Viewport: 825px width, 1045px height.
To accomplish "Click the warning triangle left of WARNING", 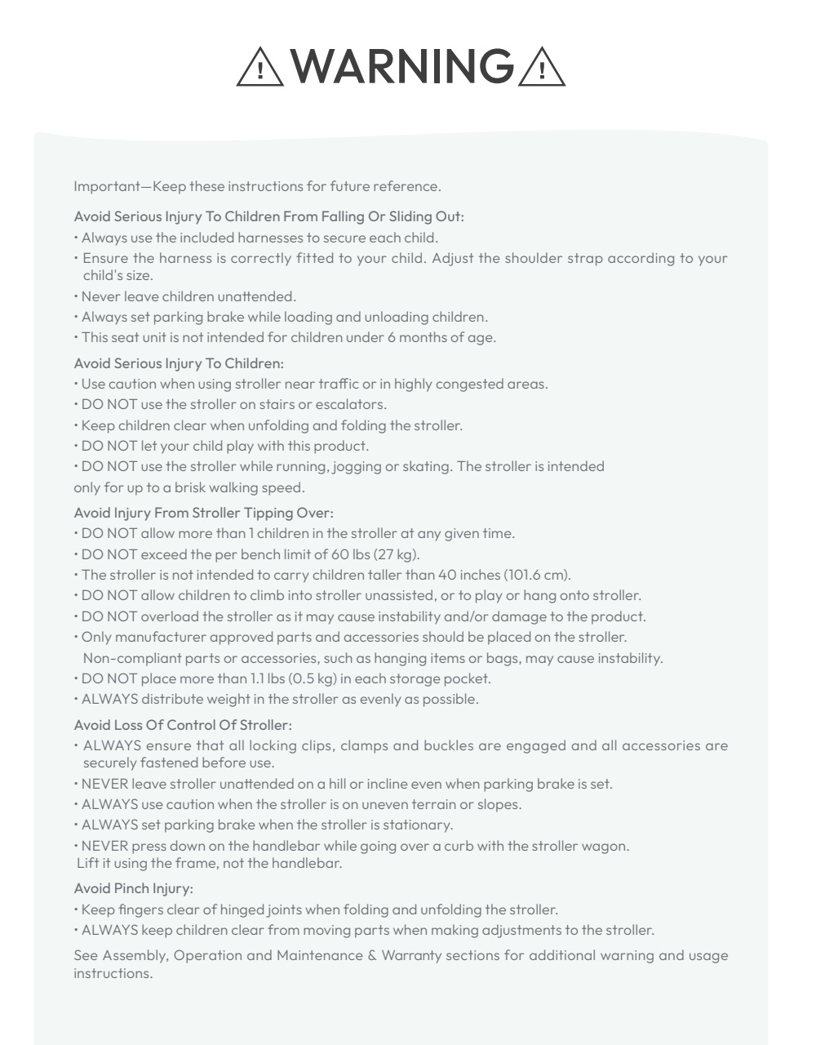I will [260, 67].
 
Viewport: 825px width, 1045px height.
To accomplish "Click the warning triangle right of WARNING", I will [542, 67].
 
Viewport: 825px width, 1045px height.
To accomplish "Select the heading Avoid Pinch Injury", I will [133, 888].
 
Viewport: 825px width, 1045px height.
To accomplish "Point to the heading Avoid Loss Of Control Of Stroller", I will [183, 725].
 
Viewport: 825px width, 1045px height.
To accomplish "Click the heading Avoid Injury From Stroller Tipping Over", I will [204, 513].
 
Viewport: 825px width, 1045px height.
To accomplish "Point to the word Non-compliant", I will [123, 658].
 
